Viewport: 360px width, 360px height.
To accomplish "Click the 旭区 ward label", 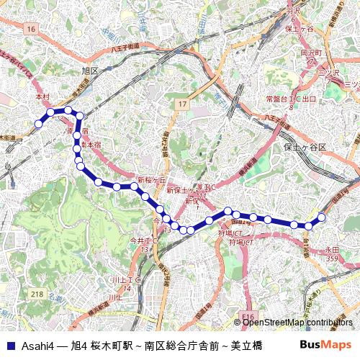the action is pos(90,71).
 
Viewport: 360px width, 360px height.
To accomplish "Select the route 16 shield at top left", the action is pos(30,28).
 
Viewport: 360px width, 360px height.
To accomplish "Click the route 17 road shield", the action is pos(182,104).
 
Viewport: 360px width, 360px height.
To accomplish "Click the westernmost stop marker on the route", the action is pos(38,124).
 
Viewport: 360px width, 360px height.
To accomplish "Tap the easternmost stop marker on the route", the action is pos(322,217).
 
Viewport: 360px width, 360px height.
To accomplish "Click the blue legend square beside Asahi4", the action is pos(10,345).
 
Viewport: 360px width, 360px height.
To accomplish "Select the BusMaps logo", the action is pos(325,345).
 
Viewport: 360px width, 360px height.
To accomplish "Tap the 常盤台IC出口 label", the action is pos(291,98).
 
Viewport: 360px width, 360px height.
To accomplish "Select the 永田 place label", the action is pos(331,250).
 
